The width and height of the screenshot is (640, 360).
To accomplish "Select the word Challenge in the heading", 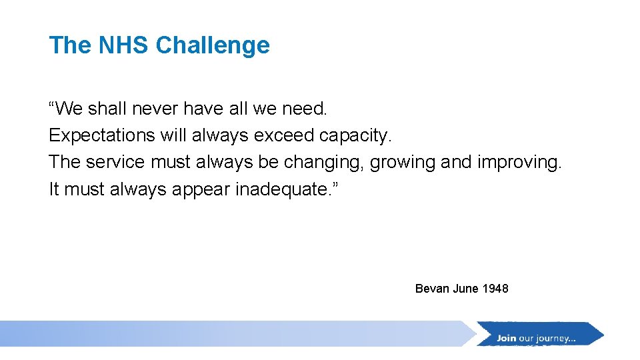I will pyautogui.click(x=213, y=45).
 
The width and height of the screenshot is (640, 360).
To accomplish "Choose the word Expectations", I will pyautogui.click(x=101, y=135).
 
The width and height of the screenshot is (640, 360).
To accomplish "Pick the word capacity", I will pyautogui.click(x=356, y=135).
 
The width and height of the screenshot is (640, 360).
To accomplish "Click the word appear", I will pyautogui.click(x=200, y=189).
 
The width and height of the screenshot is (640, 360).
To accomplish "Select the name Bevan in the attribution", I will pyautogui.click(x=432, y=289).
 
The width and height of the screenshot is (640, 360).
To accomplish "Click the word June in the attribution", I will pyautogui.click(x=465, y=289).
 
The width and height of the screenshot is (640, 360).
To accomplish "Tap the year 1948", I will pyautogui.click(x=495, y=289).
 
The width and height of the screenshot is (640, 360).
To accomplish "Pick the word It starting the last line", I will pyautogui.click(x=54, y=189).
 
